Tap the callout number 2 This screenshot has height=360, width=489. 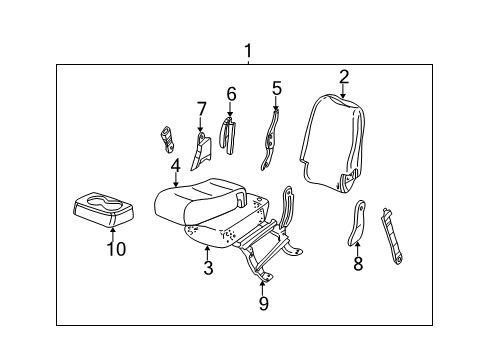click(343, 76)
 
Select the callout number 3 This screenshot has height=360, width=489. click(208, 267)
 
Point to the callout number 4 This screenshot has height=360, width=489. click(175, 166)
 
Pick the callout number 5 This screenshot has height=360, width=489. click(277, 88)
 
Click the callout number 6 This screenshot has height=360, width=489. click(231, 94)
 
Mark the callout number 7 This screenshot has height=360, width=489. click(200, 108)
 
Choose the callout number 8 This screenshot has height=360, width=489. click(358, 265)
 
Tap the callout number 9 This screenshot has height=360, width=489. click(263, 303)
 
